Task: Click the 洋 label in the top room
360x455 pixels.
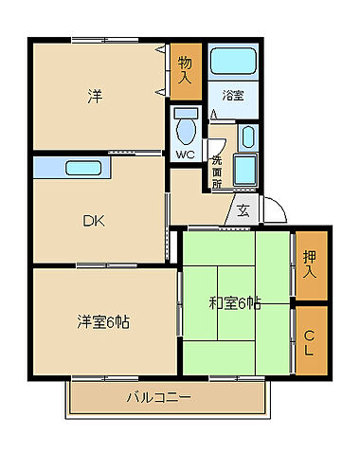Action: (x=95, y=96)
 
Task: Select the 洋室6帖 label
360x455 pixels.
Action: (x=103, y=320)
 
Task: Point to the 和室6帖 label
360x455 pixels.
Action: (x=234, y=303)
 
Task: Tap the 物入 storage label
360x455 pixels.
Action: (x=185, y=70)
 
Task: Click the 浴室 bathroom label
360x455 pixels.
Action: (x=233, y=95)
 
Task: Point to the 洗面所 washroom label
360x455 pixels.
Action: (x=217, y=171)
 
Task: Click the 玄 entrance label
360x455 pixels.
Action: (x=243, y=210)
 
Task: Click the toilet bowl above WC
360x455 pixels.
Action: (x=185, y=125)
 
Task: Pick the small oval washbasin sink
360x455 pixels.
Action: (x=247, y=136)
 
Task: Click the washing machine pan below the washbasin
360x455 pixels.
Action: (x=244, y=173)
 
